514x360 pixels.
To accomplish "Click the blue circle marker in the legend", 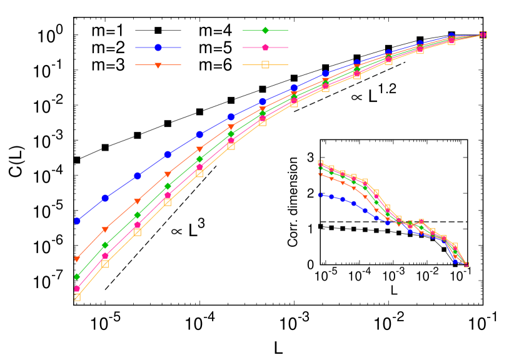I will [x=158, y=47].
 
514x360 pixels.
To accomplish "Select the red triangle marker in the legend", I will [x=158, y=65].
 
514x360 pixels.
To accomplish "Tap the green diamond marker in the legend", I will [x=265, y=30].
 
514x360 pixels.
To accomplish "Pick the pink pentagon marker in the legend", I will [x=265, y=47].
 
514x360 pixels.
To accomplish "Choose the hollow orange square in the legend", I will [x=265, y=64].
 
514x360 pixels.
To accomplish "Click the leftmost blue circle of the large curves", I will [x=77, y=221].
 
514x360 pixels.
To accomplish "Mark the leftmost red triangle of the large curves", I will [x=77, y=259].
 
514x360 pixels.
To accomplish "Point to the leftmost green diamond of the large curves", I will [x=77, y=276].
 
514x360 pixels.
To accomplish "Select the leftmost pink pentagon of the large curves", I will [x=77, y=289].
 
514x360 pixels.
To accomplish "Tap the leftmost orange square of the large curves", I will [x=77, y=297].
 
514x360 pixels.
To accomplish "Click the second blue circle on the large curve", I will [x=105, y=198].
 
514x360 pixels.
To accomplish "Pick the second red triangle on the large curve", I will [x=105, y=230].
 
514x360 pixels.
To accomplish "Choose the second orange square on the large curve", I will [x=105, y=264].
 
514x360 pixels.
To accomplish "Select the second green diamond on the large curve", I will [x=105, y=244].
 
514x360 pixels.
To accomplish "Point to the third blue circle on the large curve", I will [x=138, y=176].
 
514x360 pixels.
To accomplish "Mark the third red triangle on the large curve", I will [x=138, y=201].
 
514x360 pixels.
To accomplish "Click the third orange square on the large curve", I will [x=138, y=232].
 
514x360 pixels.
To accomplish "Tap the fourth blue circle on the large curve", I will [x=168, y=154].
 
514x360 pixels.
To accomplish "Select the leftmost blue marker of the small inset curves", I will [x=320, y=195].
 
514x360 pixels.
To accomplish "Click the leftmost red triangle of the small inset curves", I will [x=320, y=174].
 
